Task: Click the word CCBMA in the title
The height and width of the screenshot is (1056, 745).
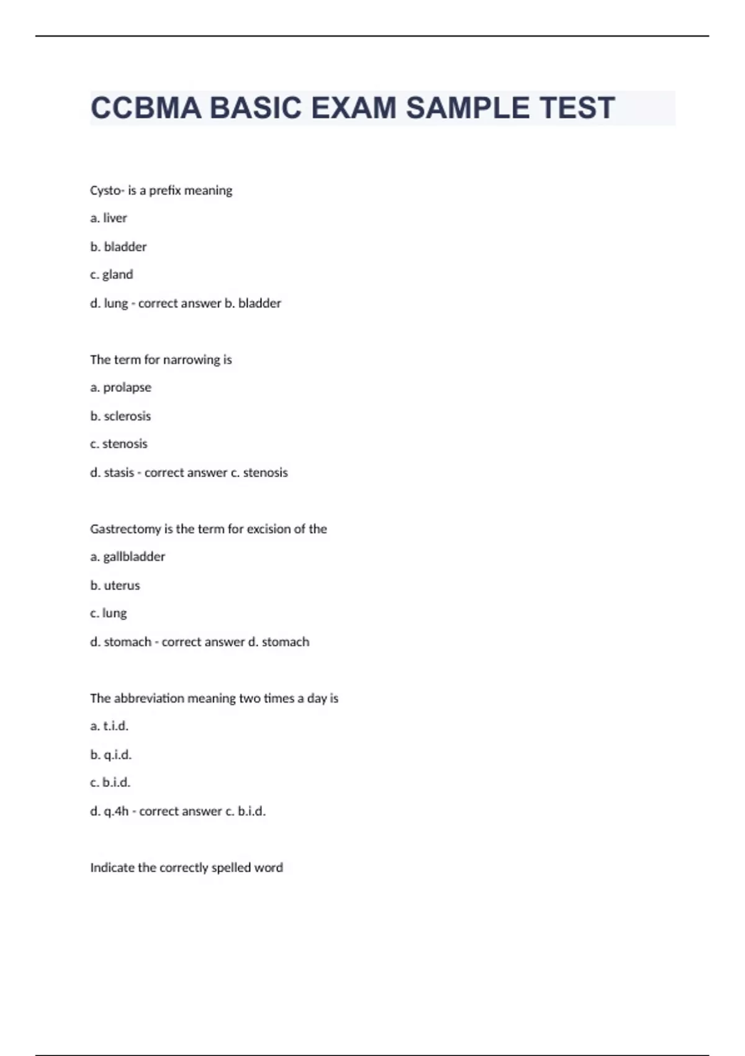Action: [145, 108]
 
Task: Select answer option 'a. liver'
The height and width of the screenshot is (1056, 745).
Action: [109, 218]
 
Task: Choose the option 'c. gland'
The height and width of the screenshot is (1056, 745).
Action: [112, 275]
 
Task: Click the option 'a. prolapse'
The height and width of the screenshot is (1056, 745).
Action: [121, 388]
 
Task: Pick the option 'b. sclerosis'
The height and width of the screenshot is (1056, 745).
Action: [121, 416]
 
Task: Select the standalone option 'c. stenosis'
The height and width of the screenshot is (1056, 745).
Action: [119, 444]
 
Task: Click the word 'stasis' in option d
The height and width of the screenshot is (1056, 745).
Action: [119, 473]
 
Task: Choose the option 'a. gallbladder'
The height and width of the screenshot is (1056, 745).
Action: [128, 557]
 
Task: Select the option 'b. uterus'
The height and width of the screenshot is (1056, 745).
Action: [115, 586]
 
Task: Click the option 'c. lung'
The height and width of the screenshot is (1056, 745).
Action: [109, 614]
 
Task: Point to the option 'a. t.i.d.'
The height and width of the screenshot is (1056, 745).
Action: [110, 726]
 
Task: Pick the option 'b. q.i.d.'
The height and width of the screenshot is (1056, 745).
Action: [111, 755]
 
